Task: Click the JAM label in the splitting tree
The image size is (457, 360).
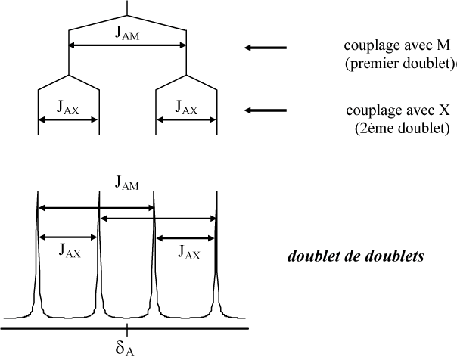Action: click(x=127, y=34)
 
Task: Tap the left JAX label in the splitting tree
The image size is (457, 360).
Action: click(x=69, y=107)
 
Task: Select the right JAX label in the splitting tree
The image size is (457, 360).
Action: click(x=186, y=107)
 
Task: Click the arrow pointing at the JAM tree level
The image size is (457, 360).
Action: click(x=265, y=48)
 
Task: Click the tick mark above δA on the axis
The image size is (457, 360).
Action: click(x=126, y=327)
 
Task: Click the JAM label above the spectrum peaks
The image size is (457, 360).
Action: click(x=127, y=182)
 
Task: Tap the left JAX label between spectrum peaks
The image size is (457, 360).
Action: click(x=69, y=253)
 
